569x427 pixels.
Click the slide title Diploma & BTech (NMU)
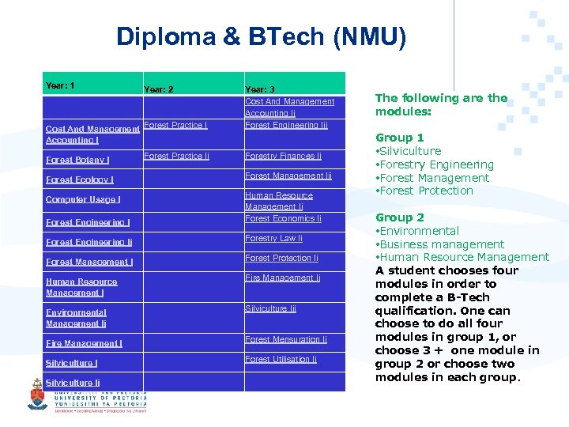tap(261, 36)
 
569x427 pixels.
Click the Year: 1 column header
tap(60, 85)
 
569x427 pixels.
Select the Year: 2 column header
tap(158, 89)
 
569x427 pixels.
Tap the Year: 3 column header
tap(260, 89)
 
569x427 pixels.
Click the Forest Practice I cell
tap(175, 125)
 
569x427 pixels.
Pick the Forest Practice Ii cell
tap(176, 156)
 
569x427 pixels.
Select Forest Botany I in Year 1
tap(77, 160)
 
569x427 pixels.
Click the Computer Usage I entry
tap(83, 199)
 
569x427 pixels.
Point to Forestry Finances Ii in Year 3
tap(283, 156)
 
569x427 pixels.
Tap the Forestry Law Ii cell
tap(273, 238)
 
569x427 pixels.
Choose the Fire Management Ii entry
tap(282, 278)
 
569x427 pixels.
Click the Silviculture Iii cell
tap(270, 308)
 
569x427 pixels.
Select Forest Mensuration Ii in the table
tap(285, 339)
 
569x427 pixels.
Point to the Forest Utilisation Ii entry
tap(281, 359)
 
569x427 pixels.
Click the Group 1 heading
tap(399, 138)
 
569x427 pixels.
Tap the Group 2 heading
tap(399, 217)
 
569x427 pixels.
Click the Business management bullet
tap(442, 244)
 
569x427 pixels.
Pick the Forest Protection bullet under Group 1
tap(427, 191)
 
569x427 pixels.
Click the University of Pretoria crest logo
tap(37, 394)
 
